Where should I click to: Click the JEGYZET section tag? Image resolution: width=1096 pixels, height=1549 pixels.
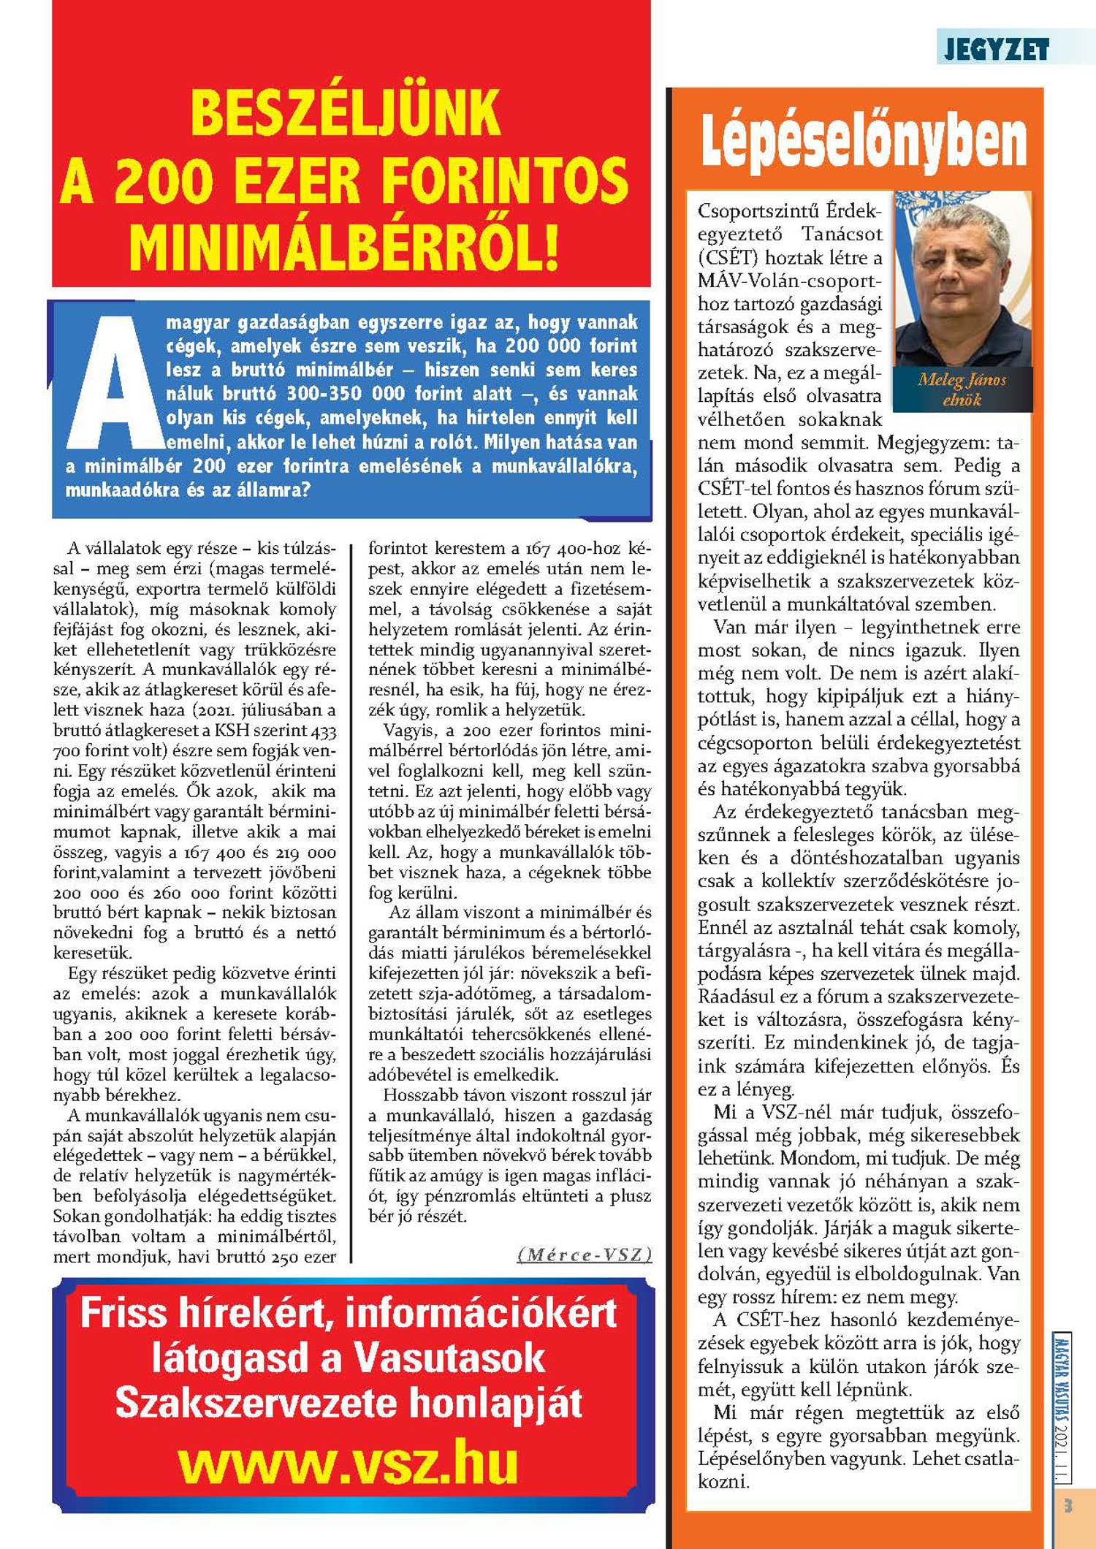(x=997, y=50)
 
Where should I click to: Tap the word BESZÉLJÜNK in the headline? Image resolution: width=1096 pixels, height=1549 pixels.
(x=346, y=113)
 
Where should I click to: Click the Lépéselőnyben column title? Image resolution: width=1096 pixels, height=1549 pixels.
(x=863, y=140)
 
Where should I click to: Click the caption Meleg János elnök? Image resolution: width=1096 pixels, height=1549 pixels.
(x=962, y=389)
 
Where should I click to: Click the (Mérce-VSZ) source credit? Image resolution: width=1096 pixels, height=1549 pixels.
(x=584, y=1255)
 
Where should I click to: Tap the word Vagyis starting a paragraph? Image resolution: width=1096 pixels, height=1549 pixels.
(x=410, y=730)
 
